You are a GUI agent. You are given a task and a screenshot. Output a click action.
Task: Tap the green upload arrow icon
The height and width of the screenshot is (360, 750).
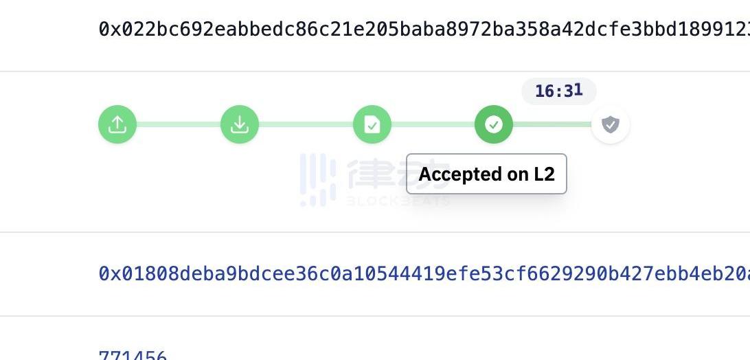tap(117, 124)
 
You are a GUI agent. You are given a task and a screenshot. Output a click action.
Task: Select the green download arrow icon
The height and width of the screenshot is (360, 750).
tap(240, 124)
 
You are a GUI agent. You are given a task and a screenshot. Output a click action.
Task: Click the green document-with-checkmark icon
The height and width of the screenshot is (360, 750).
tap(372, 124)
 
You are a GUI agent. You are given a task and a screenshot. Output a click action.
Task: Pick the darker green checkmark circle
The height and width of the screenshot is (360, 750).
tap(494, 124)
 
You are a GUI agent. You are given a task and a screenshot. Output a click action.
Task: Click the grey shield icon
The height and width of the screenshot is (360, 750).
tap(611, 124)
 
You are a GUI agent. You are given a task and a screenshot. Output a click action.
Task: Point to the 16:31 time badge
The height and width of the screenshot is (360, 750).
tap(558, 91)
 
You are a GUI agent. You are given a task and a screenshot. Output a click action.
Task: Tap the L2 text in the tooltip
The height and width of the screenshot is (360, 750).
tap(544, 175)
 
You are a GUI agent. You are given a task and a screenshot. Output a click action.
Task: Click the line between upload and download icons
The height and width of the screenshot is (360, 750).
tap(179, 124)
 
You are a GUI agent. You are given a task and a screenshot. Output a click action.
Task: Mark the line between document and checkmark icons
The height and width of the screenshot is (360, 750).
tap(433, 124)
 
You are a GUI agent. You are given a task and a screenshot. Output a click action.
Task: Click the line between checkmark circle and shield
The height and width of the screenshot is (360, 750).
tap(552, 124)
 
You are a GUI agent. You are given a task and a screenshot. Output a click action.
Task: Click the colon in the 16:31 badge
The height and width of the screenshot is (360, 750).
tap(558, 91)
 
